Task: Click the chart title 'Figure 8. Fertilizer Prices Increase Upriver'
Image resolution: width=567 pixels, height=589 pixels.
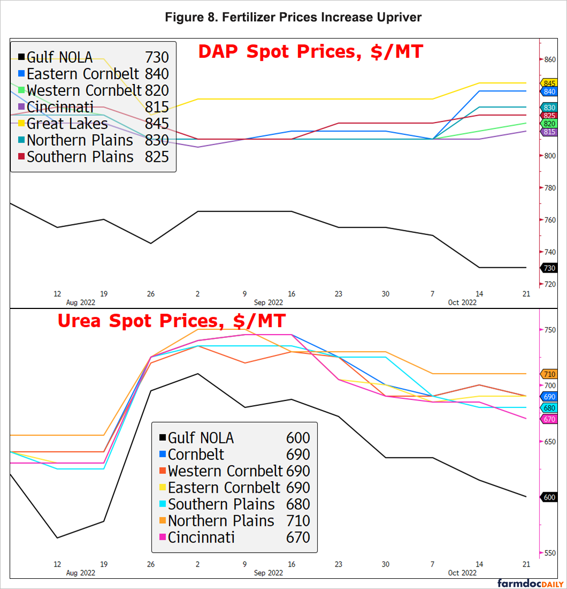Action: (293, 18)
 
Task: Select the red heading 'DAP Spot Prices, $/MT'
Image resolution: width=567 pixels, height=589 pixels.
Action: (311, 52)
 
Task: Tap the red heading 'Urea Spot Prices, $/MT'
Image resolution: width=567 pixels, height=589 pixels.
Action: (172, 321)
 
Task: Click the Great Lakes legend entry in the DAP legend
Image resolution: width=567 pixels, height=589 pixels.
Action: (67, 124)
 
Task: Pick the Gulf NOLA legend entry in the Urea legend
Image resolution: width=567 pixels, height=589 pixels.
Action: (201, 438)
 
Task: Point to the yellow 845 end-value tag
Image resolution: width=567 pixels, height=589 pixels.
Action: (549, 83)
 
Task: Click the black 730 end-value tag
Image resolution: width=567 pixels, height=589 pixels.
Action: (549, 268)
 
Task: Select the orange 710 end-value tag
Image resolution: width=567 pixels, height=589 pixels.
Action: (549, 374)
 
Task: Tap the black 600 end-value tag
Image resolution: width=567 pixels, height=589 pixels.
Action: (549, 497)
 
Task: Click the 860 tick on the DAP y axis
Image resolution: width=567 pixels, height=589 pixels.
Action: (550, 59)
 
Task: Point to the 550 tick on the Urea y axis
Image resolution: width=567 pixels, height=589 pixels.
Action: (549, 553)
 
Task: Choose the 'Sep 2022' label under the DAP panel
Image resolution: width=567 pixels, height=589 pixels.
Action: (268, 303)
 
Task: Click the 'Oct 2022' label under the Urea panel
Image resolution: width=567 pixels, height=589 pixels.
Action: (462, 573)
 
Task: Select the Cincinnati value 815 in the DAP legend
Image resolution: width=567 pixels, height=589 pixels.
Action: (157, 107)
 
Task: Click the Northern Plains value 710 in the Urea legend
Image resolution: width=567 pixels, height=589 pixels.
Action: (298, 521)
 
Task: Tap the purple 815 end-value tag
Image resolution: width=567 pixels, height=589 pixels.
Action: (549, 132)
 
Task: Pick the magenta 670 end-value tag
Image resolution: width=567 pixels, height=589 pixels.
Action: (549, 419)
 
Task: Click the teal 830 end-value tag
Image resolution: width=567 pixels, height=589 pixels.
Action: (549, 108)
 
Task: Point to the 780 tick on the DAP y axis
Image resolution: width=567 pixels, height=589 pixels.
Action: (550, 188)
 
